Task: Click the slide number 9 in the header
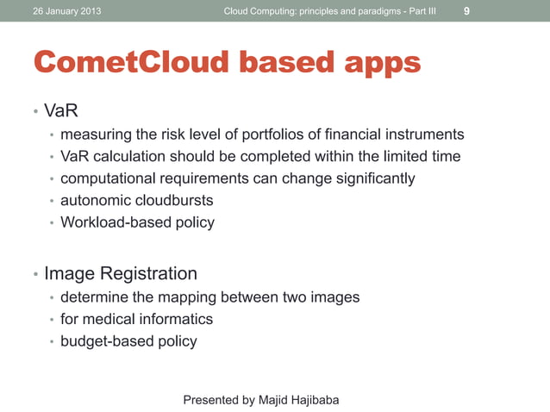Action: click(466, 11)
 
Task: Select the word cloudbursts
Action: click(172, 201)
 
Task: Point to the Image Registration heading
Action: click(121, 274)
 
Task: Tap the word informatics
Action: click(173, 319)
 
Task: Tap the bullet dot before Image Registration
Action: click(35, 275)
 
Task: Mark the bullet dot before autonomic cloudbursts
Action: click(52, 202)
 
